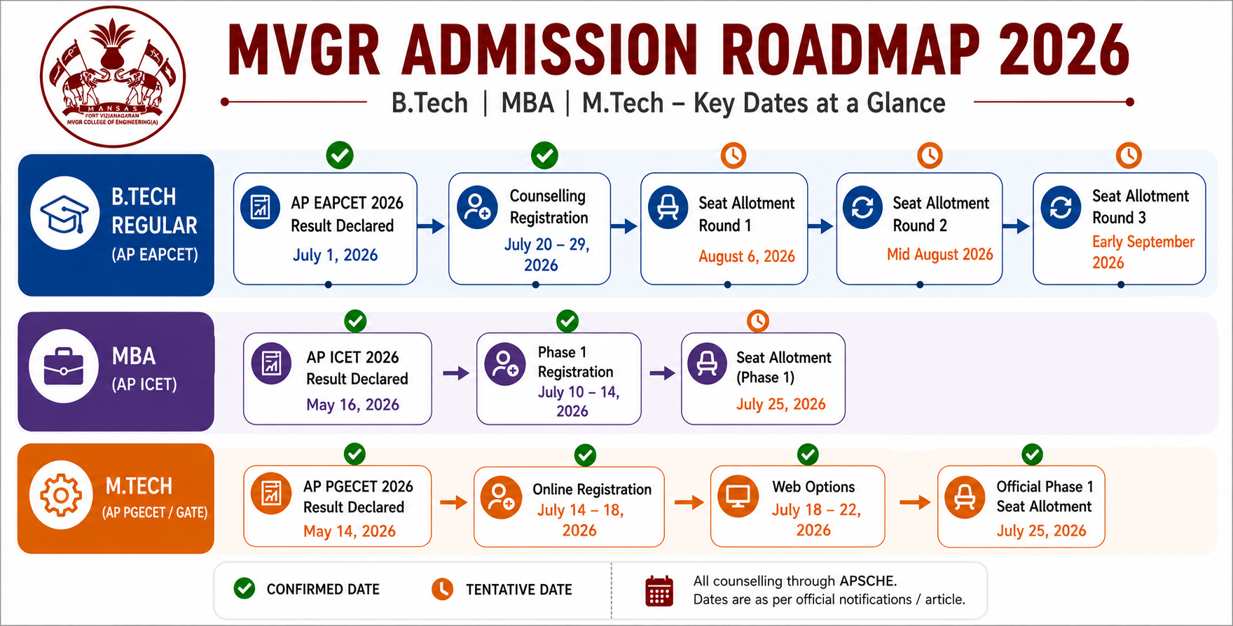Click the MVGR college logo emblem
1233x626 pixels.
click(x=113, y=76)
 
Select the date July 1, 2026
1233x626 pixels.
click(x=335, y=255)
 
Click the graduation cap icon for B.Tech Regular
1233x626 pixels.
click(x=64, y=213)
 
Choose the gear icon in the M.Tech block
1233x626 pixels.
click(x=62, y=495)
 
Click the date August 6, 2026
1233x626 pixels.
click(x=747, y=256)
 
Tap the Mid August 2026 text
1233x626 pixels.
click(x=940, y=254)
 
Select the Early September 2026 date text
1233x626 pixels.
click(x=1143, y=252)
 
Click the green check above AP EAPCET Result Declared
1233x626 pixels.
click(x=340, y=155)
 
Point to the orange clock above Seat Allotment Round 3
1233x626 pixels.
click(x=1129, y=155)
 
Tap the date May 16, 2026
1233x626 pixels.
click(x=352, y=405)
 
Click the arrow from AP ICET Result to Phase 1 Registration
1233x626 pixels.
click(x=455, y=373)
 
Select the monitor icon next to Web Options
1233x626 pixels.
click(x=738, y=496)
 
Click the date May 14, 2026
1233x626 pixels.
click(x=350, y=531)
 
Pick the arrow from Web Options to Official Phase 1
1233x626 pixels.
click(x=915, y=502)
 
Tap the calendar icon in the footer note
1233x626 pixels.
click(x=659, y=591)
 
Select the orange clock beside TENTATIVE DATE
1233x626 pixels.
click(x=442, y=589)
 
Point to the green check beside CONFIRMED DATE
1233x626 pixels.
click(x=244, y=588)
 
